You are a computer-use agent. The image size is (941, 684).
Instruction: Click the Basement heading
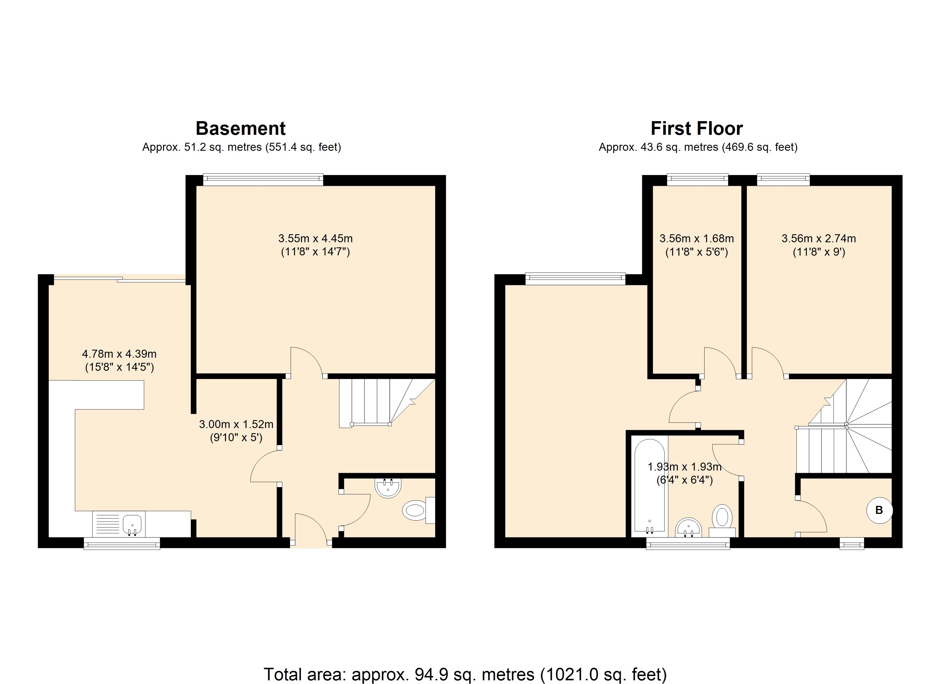[241, 129]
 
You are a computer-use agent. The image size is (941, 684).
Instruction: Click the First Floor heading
[697, 129]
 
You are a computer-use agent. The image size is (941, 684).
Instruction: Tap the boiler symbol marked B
[879, 510]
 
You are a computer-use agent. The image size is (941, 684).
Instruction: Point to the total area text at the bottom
[465, 674]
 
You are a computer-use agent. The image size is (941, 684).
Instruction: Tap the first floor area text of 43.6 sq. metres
[698, 147]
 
